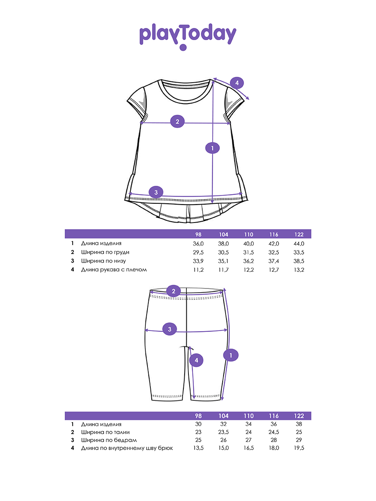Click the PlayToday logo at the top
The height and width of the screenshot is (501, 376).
188,37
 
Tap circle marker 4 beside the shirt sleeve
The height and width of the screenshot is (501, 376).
237,83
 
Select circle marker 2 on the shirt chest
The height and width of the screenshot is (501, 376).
178,121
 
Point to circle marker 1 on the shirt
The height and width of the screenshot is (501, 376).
212,148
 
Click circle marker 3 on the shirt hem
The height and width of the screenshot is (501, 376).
156,192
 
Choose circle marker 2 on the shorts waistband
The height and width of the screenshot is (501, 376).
173,291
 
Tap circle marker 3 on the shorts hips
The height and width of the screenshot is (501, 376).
170,329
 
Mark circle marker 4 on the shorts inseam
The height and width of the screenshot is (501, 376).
196,360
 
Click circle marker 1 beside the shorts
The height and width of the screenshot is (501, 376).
231,355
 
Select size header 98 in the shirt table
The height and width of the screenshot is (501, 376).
198,234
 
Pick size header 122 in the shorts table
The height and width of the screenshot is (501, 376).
299,416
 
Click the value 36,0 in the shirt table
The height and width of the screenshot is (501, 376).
198,243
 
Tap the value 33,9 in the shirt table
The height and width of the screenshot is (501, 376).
198,261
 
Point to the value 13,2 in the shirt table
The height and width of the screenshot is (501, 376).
299,270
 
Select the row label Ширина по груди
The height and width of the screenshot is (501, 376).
105,252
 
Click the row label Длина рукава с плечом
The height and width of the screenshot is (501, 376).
114,270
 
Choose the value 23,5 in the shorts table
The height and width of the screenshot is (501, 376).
224,432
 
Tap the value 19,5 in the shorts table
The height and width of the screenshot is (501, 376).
299,448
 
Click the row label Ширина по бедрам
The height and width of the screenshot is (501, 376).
109,440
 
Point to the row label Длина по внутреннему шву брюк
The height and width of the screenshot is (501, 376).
127,448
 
